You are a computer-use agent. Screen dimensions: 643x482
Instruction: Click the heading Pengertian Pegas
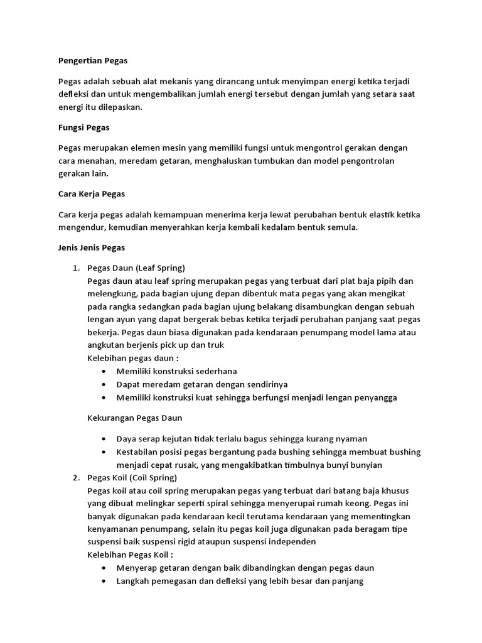coord(92,61)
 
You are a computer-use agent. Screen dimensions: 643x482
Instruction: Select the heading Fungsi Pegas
coord(83,127)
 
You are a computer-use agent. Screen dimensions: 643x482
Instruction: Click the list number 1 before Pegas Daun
coord(76,268)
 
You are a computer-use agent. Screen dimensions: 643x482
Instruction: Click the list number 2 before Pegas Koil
coord(76,478)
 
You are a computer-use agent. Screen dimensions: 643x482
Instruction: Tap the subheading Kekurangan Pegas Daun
coord(134,418)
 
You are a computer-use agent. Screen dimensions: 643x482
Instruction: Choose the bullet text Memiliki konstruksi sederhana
coord(176,371)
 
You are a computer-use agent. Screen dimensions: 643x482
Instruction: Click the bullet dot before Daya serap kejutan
coord(103,439)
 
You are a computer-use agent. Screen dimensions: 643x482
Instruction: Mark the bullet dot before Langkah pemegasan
coord(103,581)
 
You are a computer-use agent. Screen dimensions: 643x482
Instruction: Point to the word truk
coord(215,345)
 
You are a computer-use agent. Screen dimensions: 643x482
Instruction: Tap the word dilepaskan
coord(120,107)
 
